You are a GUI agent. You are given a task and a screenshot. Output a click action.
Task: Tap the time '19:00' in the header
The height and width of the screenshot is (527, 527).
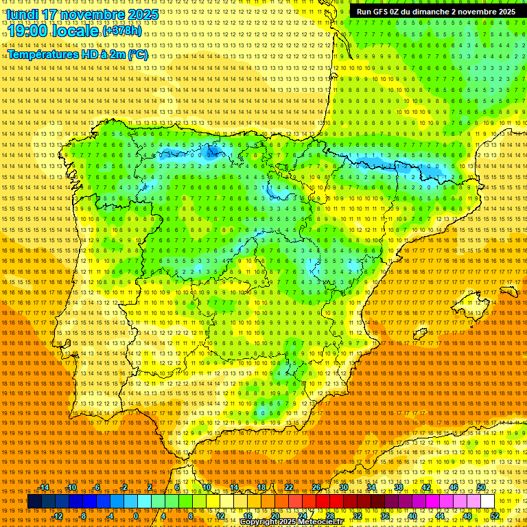coord(27,32)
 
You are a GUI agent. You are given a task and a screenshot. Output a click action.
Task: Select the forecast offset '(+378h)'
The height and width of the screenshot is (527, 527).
coord(121,32)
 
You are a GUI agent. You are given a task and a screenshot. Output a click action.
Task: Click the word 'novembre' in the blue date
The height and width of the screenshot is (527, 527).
coord(95,14)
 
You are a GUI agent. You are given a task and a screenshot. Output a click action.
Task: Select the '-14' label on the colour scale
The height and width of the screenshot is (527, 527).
coord(44,487)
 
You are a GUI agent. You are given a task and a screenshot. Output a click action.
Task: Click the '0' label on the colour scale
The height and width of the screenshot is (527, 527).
coord(136,516)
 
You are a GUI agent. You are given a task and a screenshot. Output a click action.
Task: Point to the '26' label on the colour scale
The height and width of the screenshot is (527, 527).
coord(316,487)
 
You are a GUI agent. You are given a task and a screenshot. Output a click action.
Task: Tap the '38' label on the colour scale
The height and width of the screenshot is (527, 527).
coord(399,487)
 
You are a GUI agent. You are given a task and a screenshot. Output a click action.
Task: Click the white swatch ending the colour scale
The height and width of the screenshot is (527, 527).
coord(487,502)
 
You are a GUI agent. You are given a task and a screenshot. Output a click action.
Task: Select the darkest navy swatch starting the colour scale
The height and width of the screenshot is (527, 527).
coord(34,502)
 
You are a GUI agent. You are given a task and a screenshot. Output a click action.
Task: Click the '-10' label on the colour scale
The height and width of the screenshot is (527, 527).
coord(71,487)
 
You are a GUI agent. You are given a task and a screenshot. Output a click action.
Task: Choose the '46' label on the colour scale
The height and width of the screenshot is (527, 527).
coord(453,487)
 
